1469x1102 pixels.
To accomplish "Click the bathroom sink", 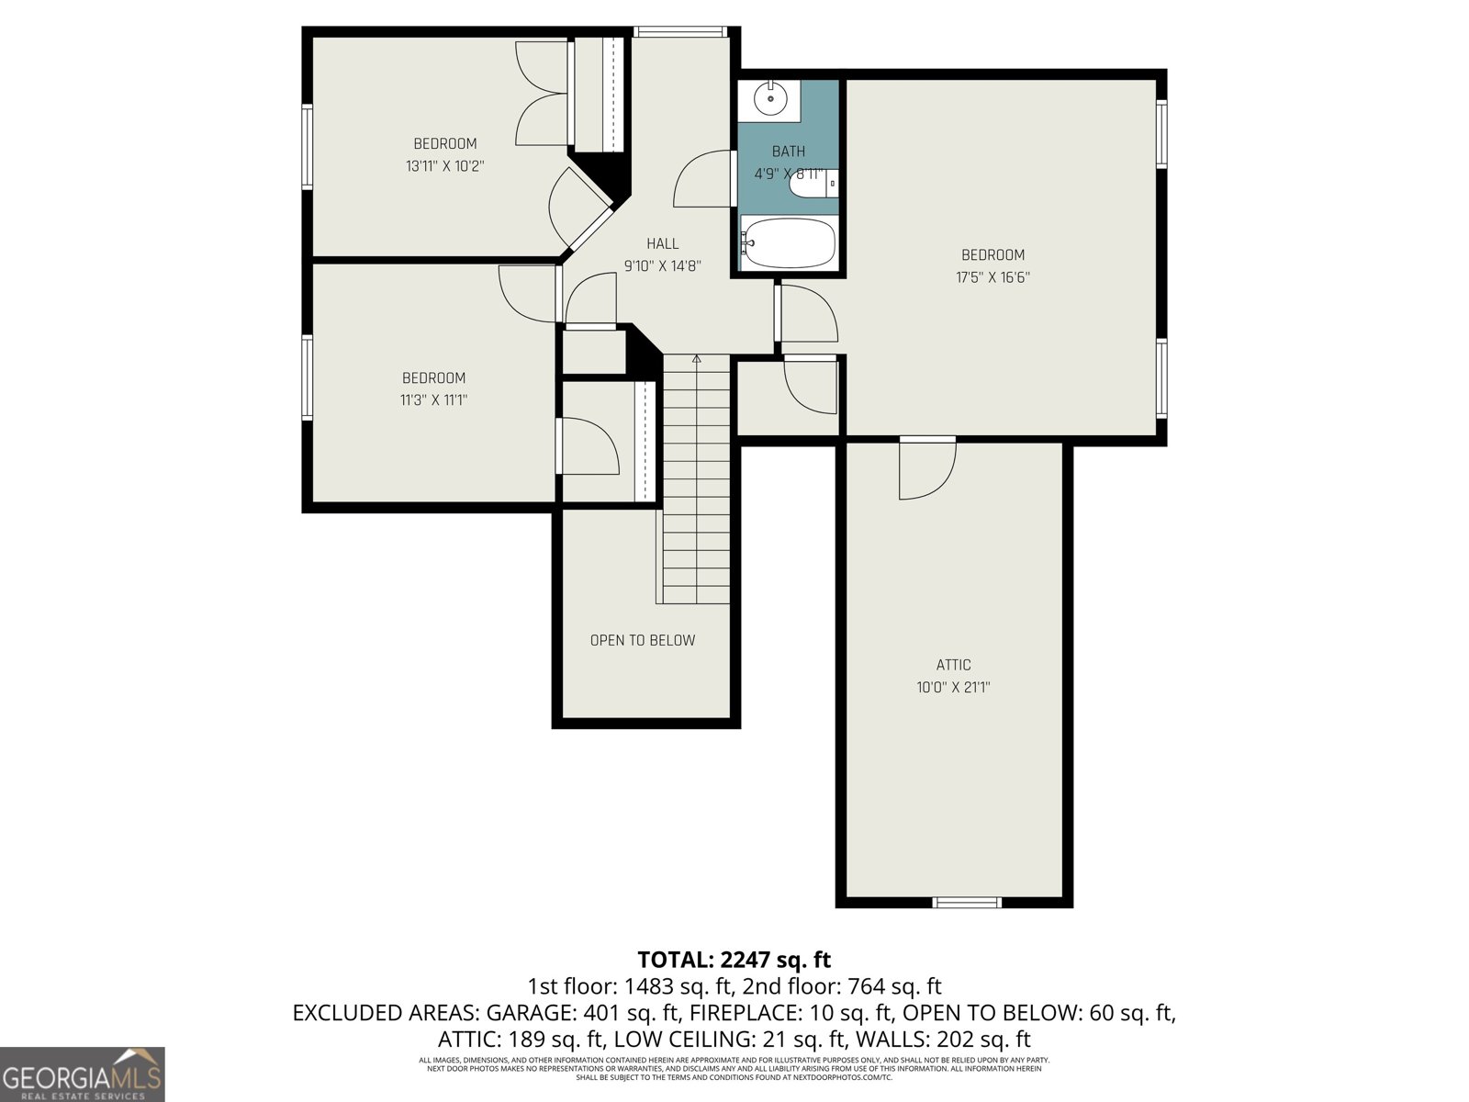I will (769, 98).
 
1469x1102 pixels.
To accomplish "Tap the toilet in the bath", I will (813, 184).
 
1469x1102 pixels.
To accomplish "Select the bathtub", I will (789, 243).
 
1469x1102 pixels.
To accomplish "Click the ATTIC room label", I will (953, 665).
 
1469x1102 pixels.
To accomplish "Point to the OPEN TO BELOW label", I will (642, 640).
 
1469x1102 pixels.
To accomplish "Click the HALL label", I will (662, 243).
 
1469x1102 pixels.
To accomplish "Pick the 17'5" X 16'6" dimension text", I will (992, 277).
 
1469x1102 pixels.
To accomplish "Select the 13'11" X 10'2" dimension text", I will (444, 166).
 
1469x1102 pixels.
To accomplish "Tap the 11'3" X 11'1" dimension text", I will (433, 400).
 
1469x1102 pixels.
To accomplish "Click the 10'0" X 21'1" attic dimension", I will (953, 687).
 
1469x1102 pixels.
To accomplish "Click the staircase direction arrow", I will (696, 360).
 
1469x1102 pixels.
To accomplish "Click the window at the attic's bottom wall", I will (966, 903).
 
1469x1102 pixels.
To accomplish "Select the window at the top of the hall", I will (680, 32).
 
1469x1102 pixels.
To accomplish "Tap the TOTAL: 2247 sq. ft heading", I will (734, 960).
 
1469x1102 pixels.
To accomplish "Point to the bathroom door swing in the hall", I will (702, 180).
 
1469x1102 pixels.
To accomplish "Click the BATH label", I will (788, 152).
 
